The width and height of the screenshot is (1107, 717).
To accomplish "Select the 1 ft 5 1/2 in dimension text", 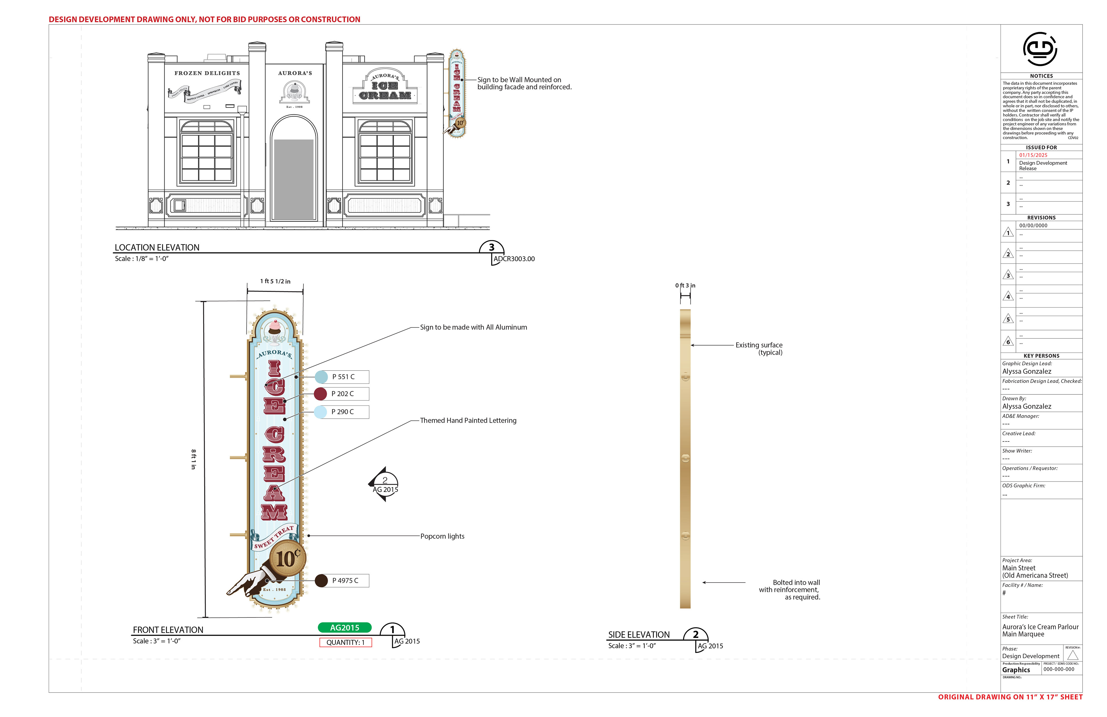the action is [x=275, y=281].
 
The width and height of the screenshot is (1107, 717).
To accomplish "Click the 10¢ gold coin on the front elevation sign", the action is [x=288, y=558].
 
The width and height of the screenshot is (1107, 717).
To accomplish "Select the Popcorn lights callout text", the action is [x=442, y=536].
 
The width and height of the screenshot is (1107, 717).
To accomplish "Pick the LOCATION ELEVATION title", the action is [x=157, y=248].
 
